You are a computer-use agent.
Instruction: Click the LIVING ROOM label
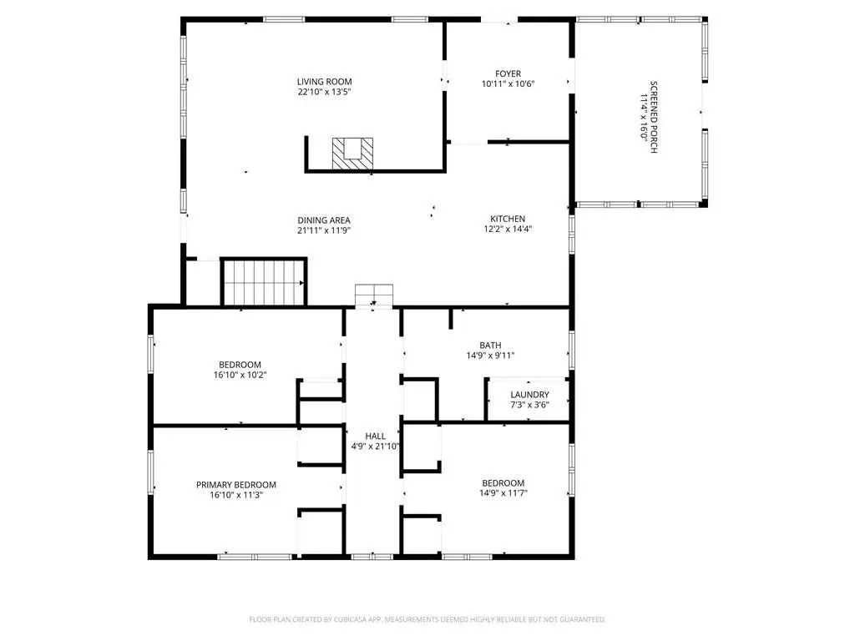[325, 82]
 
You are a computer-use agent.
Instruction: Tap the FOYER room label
[508, 73]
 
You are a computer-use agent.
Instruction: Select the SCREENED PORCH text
[654, 117]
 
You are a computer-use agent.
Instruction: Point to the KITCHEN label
[508, 220]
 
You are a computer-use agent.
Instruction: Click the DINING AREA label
[324, 220]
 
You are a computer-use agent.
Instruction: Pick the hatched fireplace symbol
[353, 154]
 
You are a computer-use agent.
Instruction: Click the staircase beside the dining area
[264, 282]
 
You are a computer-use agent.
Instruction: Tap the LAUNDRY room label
[529, 395]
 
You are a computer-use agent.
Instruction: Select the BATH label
[490, 345]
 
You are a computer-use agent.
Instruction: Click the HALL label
[375, 436]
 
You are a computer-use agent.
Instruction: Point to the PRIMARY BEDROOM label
[236, 485]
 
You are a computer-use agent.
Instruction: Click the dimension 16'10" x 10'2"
[240, 375]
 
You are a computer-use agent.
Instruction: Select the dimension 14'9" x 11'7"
[503, 493]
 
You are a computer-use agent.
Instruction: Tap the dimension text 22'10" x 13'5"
[324, 92]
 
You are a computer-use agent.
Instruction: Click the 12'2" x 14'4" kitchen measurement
[508, 230]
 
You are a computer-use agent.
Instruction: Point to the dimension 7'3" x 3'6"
[529, 405]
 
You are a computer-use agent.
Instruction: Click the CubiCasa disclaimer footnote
[427, 619]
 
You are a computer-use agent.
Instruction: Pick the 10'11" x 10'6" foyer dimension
[508, 84]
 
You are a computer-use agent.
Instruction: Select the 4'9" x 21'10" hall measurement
[375, 447]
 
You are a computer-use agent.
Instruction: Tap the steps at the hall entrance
[374, 296]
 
